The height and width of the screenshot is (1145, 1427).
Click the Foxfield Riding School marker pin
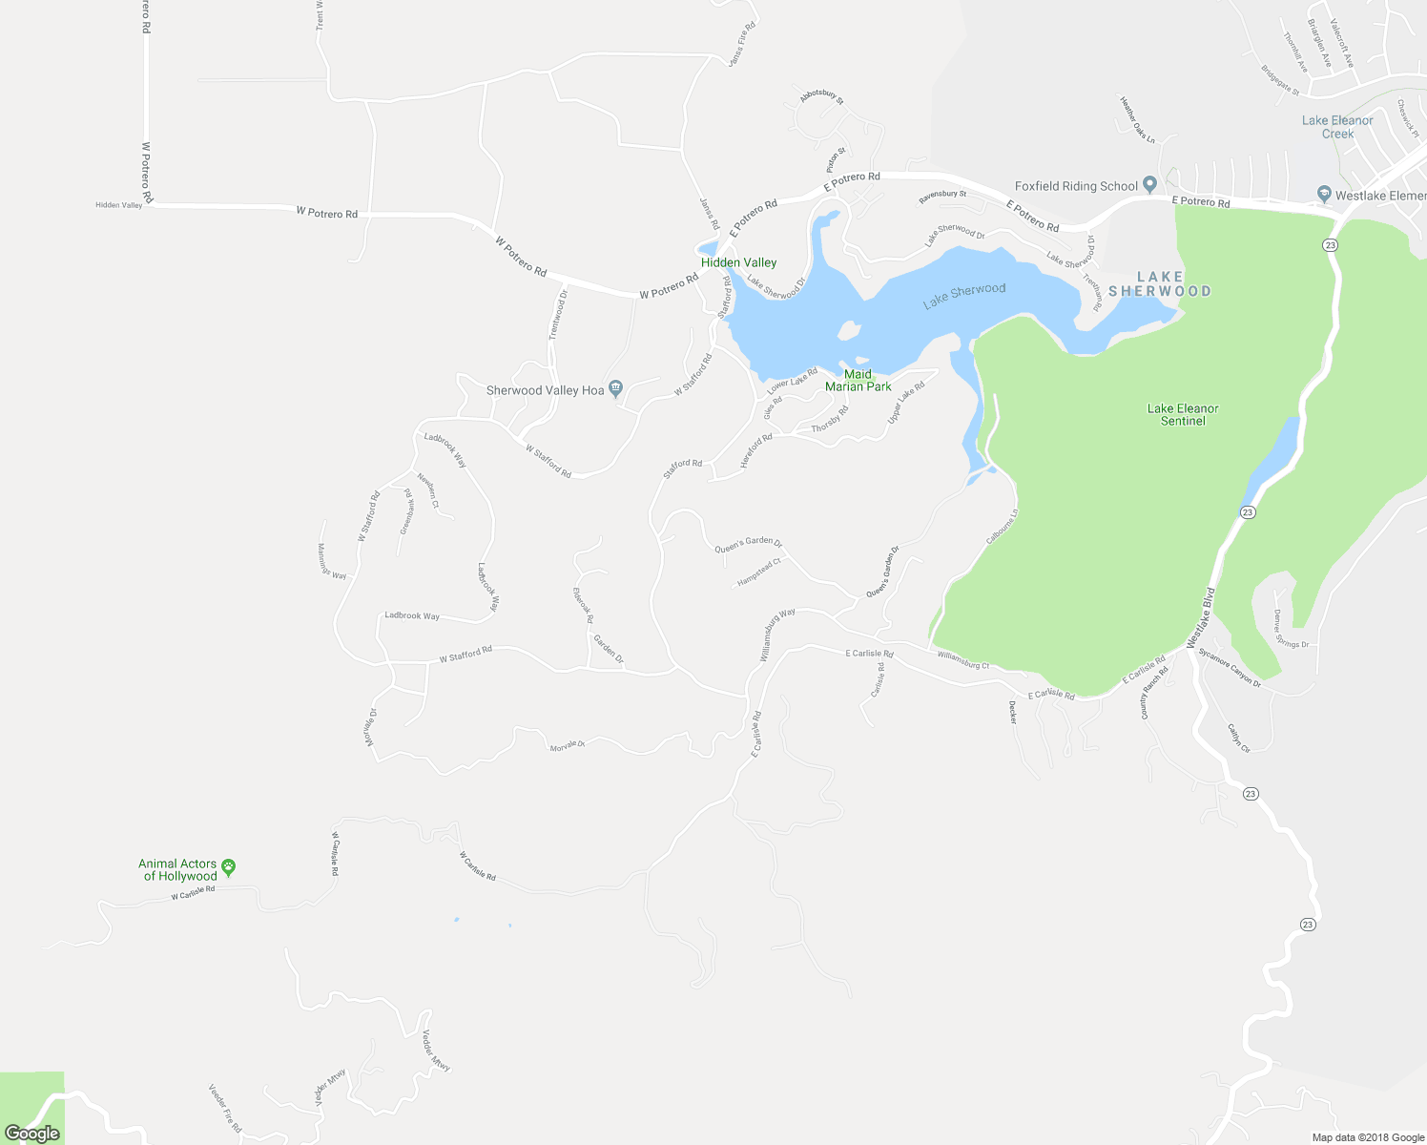[1149, 185]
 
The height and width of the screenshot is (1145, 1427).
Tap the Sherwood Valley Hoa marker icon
[615, 388]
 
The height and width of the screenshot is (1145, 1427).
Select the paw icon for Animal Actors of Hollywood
[228, 867]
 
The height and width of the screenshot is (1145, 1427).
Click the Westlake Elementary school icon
[1324, 194]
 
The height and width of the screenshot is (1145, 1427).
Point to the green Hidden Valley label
[738, 262]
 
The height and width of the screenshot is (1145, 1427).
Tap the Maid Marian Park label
[858, 381]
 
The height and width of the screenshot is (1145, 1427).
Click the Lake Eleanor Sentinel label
[1183, 414]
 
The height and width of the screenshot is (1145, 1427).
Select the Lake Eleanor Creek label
[1337, 127]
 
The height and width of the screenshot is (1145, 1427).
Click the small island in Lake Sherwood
[847, 330]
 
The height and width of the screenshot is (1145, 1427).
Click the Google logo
[32, 1134]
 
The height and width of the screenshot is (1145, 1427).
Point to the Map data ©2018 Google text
[1368, 1137]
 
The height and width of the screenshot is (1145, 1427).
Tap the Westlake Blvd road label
[1201, 618]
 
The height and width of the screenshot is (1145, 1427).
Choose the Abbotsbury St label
[821, 95]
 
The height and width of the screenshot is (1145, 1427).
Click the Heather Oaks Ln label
[1137, 120]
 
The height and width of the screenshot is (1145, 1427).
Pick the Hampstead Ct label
[758, 572]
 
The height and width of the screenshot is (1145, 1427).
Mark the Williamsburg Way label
[777, 635]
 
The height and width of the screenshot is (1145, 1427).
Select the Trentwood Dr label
[558, 315]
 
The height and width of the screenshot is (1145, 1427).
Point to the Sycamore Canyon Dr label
[1230, 668]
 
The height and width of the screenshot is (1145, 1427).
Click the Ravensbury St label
[942, 196]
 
